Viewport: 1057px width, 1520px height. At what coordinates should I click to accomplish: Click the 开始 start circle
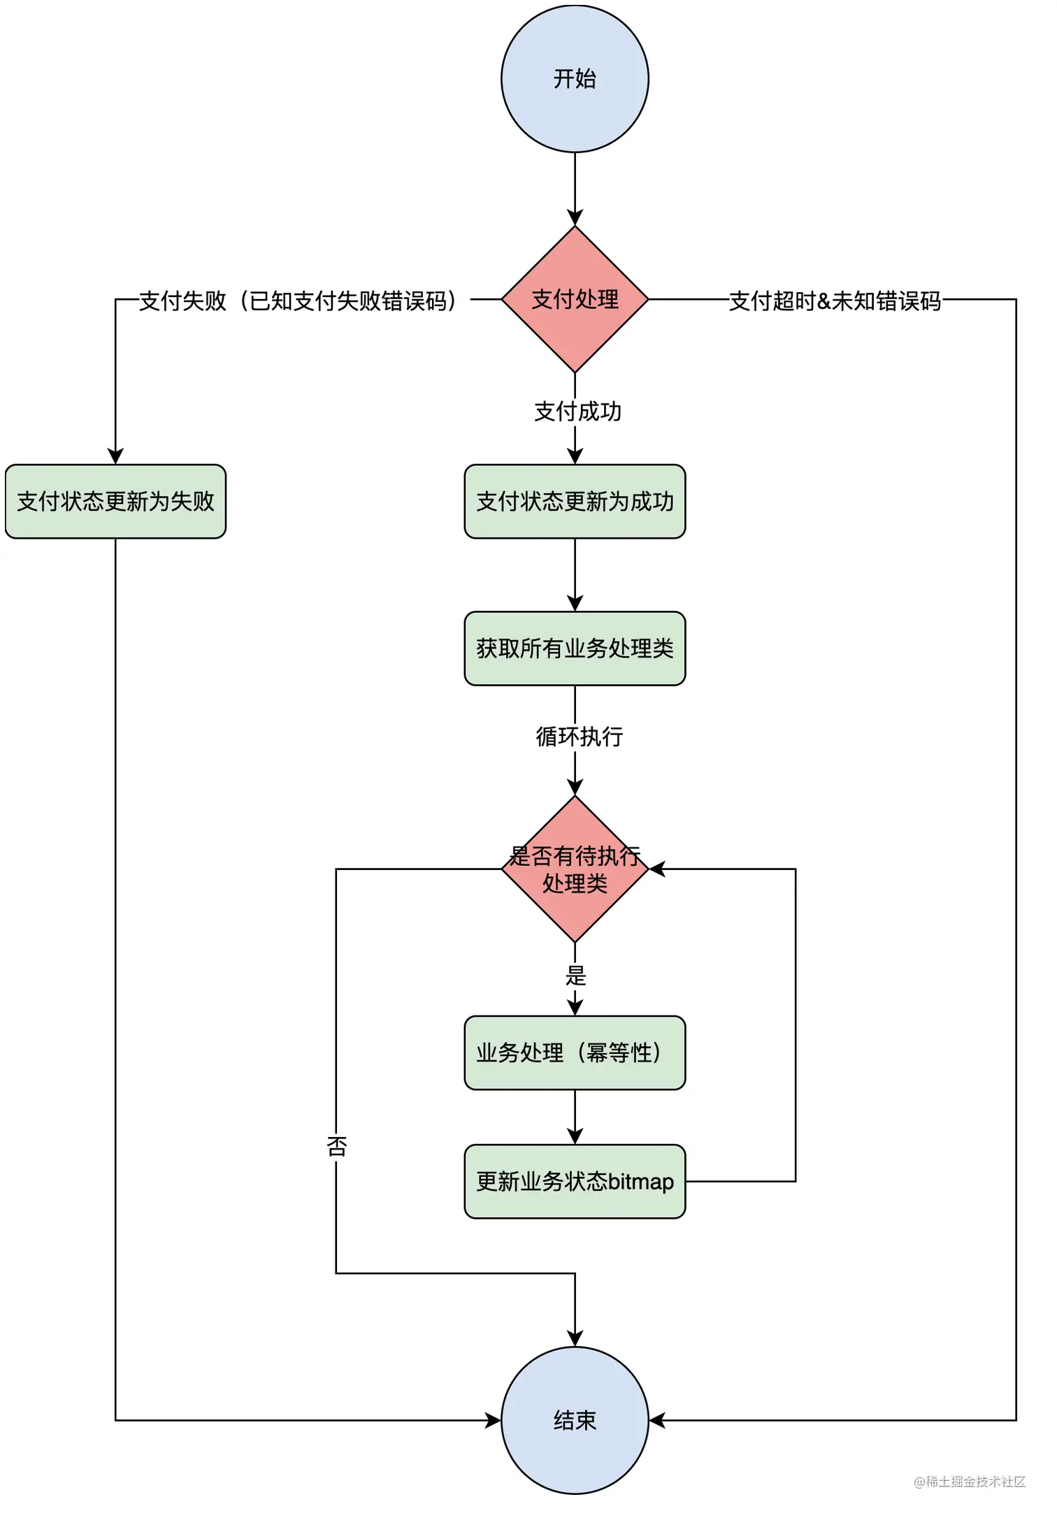[x=575, y=79]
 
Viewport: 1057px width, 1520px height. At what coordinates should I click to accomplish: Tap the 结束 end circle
[x=575, y=1420]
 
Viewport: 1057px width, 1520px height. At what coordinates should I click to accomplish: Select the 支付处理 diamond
[x=575, y=299]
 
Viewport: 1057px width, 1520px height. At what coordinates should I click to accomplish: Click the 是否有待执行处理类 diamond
[x=575, y=869]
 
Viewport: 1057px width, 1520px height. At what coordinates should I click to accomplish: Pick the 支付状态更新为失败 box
[x=115, y=501]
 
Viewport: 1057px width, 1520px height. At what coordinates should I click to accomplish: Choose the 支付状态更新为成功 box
[x=575, y=501]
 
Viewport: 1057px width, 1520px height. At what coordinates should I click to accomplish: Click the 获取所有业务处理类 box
[x=575, y=649]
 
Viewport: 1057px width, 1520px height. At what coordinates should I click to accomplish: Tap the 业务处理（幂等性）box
[x=575, y=1052]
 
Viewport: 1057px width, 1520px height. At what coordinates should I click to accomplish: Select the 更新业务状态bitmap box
[x=575, y=1182]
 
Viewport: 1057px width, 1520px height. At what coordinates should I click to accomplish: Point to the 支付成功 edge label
[x=577, y=411]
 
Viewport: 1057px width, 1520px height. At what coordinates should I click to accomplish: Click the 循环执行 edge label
[x=579, y=736]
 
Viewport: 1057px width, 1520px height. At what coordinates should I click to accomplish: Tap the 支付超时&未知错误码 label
[x=835, y=301]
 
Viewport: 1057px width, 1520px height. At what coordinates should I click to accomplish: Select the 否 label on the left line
[x=336, y=1146]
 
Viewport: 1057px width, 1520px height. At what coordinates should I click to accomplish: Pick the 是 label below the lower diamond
[x=575, y=976]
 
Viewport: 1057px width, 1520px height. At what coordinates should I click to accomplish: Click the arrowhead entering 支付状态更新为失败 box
[x=115, y=456]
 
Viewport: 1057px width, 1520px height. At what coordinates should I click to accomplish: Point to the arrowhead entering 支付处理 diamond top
[x=575, y=217]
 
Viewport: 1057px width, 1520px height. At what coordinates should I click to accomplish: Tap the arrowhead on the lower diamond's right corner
[x=657, y=869]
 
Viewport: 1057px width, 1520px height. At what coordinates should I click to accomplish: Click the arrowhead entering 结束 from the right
[x=657, y=1420]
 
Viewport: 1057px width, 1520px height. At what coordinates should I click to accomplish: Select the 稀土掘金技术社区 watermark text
[x=970, y=1482]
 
